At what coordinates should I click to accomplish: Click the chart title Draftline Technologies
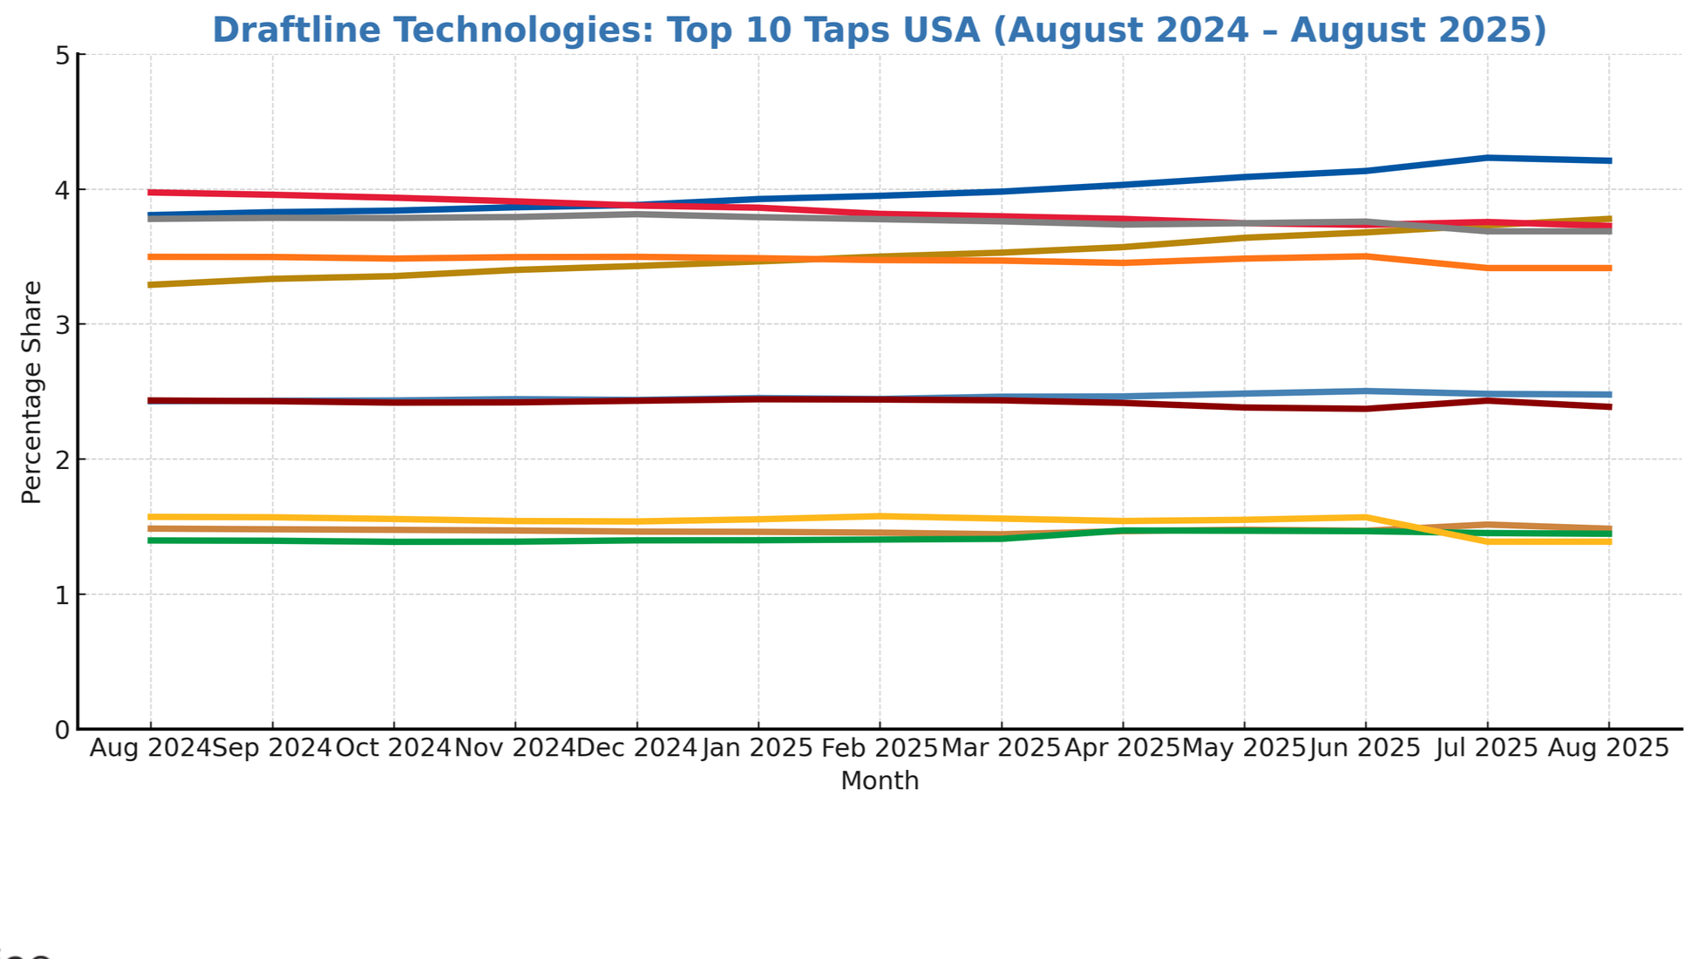click(x=879, y=30)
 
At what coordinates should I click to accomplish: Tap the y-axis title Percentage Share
click(x=31, y=392)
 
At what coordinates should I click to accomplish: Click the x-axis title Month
click(x=879, y=780)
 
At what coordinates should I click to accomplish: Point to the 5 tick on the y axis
click(x=62, y=56)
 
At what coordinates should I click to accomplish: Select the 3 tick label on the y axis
click(x=62, y=325)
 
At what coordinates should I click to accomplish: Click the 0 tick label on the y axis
click(x=62, y=731)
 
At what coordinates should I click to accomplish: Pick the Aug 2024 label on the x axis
click(x=150, y=748)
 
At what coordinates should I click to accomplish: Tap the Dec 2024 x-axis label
click(x=636, y=748)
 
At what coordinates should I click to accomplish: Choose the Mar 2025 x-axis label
click(x=1001, y=748)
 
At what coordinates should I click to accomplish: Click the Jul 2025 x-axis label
click(x=1486, y=748)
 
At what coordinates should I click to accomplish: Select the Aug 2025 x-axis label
click(x=1607, y=748)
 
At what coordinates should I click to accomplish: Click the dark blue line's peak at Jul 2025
click(x=1486, y=158)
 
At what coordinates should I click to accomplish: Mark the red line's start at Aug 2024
click(x=151, y=192)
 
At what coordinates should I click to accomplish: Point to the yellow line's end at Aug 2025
click(x=1608, y=541)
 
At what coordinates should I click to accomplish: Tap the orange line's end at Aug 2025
click(x=1608, y=268)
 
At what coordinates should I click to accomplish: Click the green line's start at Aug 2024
click(x=151, y=541)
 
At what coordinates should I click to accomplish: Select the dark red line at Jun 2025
click(x=1365, y=408)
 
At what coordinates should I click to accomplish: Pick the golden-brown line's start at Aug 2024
click(x=151, y=284)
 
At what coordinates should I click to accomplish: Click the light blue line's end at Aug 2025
click(x=1608, y=394)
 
